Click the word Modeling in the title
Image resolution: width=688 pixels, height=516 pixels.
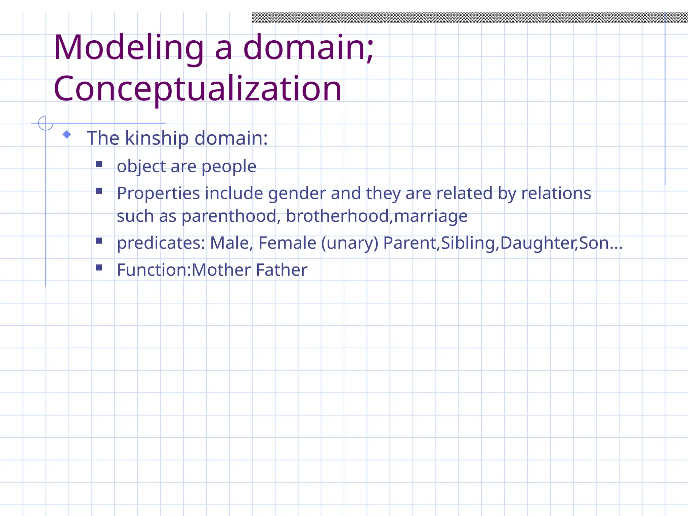click(x=129, y=48)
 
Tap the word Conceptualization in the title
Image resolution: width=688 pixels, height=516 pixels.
click(x=198, y=89)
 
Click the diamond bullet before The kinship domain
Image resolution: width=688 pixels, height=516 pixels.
click(x=67, y=134)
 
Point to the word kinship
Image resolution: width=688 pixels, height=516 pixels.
click(x=157, y=138)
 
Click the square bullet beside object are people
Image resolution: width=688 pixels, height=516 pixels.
click(x=99, y=164)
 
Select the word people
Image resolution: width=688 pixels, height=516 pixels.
click(x=229, y=167)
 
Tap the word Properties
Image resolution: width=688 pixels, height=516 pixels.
click(x=159, y=194)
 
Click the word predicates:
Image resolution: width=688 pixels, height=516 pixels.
click(x=161, y=243)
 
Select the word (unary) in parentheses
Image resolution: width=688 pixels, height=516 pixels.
click(x=350, y=243)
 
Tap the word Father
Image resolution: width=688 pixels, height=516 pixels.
click(x=282, y=270)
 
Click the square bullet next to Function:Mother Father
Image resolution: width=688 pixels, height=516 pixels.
click(x=99, y=267)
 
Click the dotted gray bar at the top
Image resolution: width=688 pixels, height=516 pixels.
click(x=470, y=17)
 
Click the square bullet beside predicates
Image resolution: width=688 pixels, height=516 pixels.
click(x=99, y=241)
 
